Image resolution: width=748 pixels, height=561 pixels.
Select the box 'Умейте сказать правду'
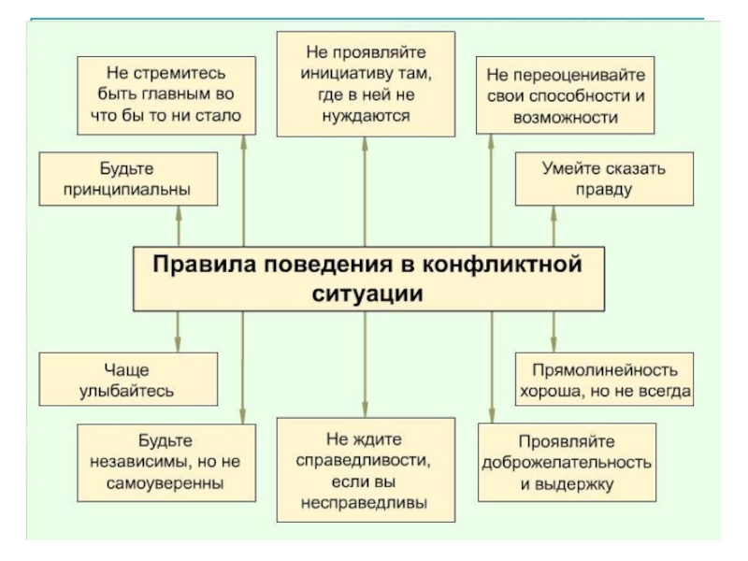604,180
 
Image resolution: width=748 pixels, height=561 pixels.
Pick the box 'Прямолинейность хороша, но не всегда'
604,379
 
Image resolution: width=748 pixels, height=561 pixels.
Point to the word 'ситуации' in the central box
366,293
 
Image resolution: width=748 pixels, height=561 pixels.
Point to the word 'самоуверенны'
165,484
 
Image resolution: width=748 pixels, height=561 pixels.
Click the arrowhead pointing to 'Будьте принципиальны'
177,211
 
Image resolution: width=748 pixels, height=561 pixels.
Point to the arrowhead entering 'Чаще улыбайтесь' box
177,346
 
